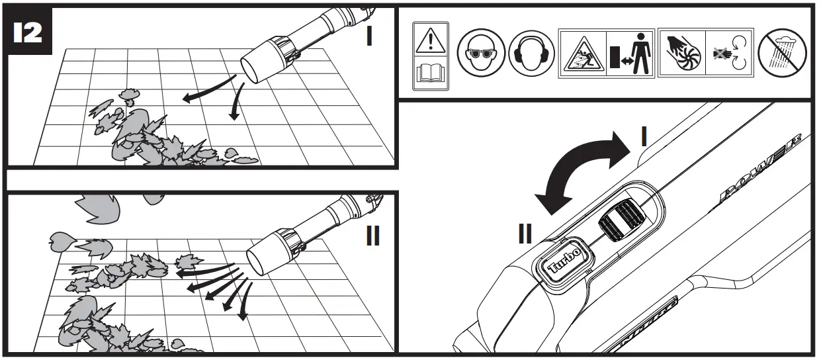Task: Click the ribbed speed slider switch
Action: (621, 220)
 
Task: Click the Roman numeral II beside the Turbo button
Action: (525, 234)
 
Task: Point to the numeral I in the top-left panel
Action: (369, 36)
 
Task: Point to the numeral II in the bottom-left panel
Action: (372, 235)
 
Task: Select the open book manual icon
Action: (430, 75)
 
